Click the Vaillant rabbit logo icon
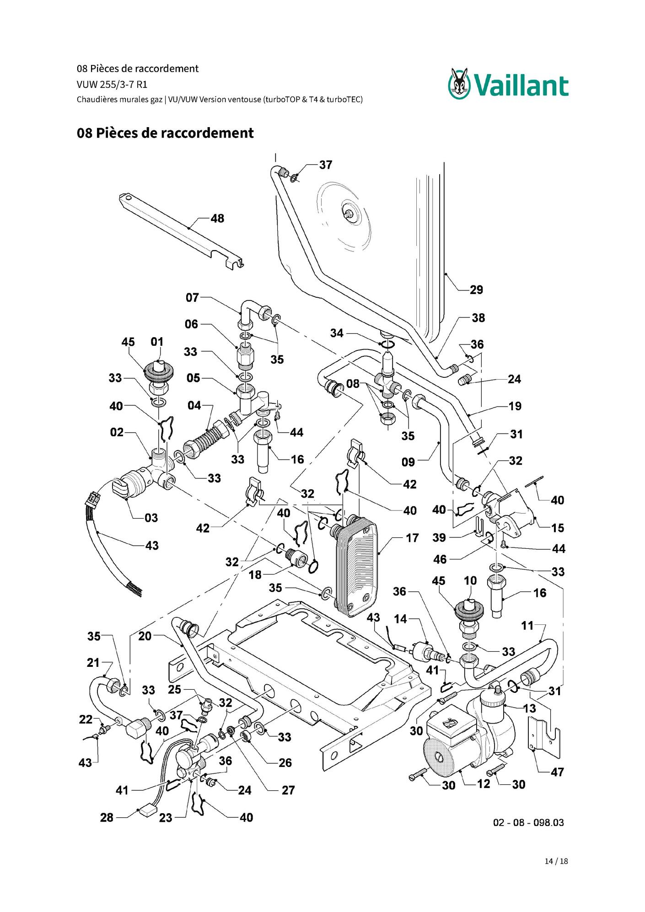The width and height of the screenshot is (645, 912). (x=459, y=83)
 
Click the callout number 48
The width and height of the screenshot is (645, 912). (x=217, y=219)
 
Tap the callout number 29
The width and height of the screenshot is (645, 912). (x=476, y=290)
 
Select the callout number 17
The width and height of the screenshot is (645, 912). (x=412, y=538)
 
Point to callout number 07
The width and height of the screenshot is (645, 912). (x=192, y=298)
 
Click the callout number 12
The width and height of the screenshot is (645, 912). (x=484, y=784)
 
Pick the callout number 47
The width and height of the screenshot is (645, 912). (x=557, y=773)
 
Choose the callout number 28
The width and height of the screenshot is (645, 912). (x=107, y=817)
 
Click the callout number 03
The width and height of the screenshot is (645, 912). (x=151, y=518)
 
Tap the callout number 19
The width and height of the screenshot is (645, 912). (x=515, y=406)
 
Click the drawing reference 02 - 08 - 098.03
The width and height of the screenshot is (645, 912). (x=528, y=823)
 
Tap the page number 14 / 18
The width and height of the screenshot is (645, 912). (x=556, y=861)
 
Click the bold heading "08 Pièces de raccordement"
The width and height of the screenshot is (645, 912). (x=165, y=133)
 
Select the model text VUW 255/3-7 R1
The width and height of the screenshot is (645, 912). (x=112, y=85)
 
